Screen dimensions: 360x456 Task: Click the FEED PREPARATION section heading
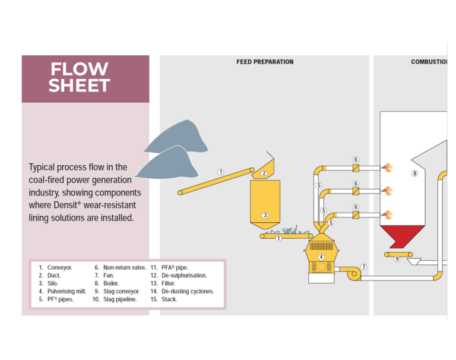coord(264,62)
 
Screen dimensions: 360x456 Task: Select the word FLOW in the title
coord(79,70)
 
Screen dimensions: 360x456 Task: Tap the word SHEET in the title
coord(79,86)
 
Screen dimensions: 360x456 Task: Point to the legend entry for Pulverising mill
coord(63,292)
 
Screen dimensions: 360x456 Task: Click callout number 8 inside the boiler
coord(414,173)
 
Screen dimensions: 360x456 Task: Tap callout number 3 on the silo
coord(265,215)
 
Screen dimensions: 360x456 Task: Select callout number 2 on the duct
coord(264,173)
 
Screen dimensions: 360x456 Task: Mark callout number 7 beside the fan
coord(363,267)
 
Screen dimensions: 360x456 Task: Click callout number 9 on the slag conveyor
coord(397,259)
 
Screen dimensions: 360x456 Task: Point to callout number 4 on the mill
coord(321,257)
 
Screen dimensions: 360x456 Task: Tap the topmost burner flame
coord(388,168)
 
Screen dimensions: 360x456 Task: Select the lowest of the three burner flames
coord(388,214)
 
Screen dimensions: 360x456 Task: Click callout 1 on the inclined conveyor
coord(220,172)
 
